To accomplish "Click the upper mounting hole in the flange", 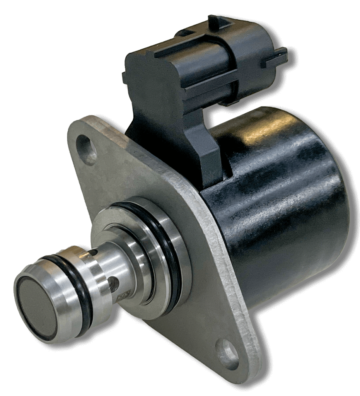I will [87, 148].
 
